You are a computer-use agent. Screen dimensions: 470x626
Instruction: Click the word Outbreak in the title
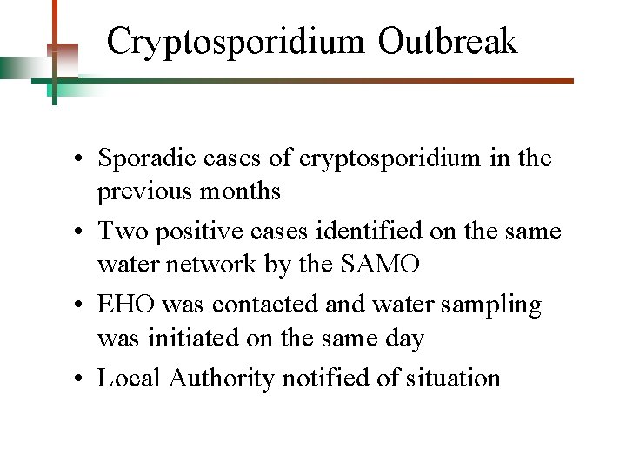[x=448, y=41]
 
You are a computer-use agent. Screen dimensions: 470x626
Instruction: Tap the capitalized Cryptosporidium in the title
[x=237, y=42]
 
